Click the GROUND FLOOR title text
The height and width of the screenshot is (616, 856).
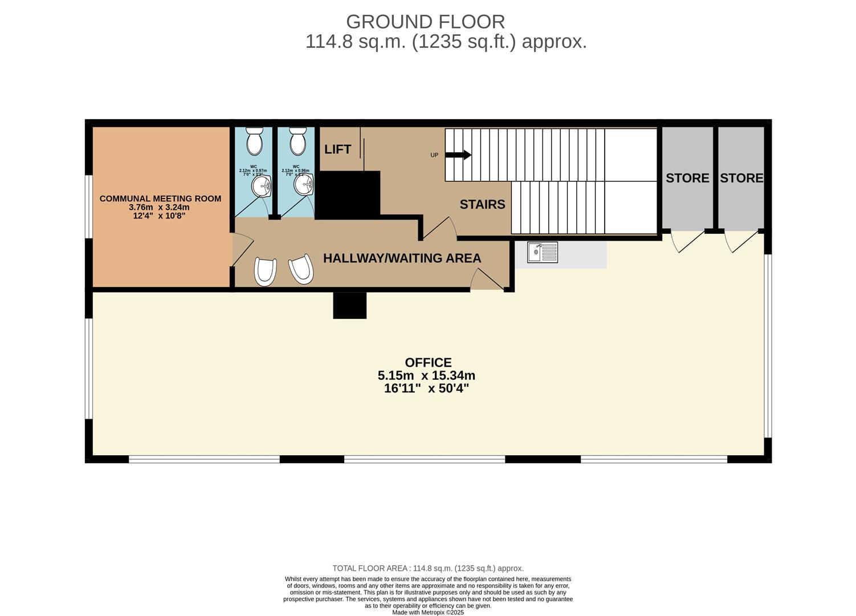click(425, 22)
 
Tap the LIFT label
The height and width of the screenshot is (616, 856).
click(337, 149)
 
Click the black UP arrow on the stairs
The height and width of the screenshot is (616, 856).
click(458, 155)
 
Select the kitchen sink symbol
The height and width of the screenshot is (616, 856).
click(542, 252)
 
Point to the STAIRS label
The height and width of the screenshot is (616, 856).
click(482, 204)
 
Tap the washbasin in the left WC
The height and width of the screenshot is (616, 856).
click(262, 185)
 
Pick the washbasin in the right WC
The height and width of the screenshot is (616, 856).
click(304, 184)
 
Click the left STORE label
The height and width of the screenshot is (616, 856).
click(687, 178)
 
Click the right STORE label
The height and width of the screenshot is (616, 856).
click(741, 178)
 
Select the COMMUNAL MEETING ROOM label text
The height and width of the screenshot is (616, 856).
click(160, 198)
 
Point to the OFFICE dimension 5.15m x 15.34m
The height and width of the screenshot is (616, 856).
click(426, 375)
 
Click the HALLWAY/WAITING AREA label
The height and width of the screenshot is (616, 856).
click(402, 258)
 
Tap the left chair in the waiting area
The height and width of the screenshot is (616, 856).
click(265, 271)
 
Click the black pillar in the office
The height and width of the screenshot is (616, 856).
click(349, 305)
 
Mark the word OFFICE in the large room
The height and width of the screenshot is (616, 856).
click(428, 362)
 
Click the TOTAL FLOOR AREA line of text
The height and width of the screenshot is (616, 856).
click(427, 568)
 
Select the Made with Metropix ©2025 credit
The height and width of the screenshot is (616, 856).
click(427, 613)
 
